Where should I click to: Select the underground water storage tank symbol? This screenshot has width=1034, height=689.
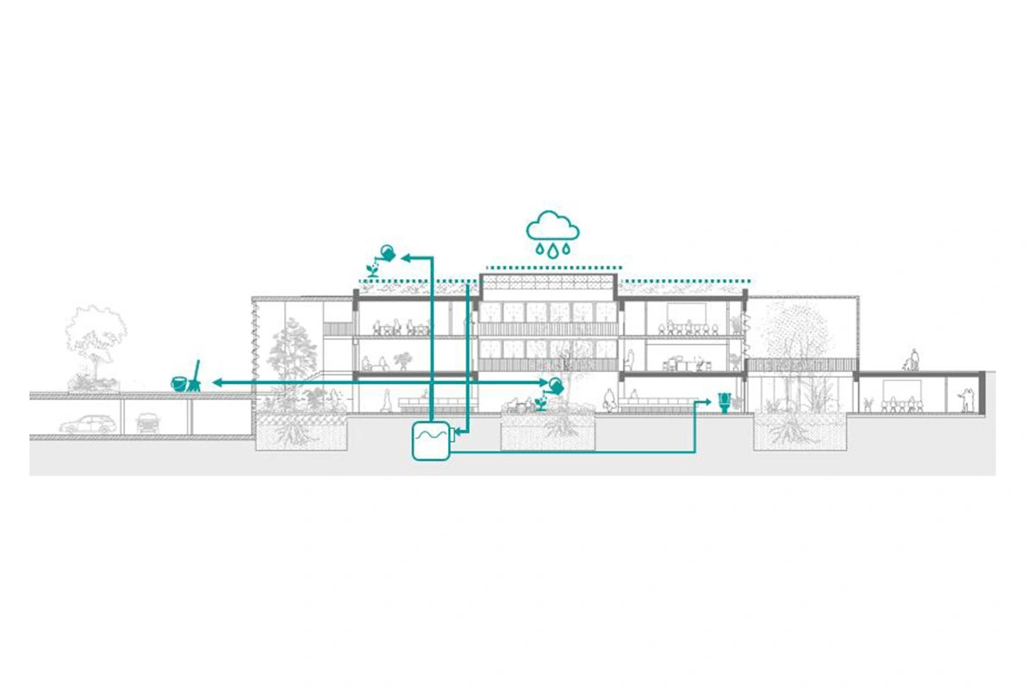tap(431, 440)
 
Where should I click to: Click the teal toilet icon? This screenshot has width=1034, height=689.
tap(725, 401)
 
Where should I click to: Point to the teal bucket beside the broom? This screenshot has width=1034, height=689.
tap(180, 384)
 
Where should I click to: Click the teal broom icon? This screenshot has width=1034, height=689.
tap(196, 376)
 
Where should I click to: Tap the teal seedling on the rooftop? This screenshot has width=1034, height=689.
tap(372, 270)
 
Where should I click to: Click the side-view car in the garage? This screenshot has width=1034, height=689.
tap(85, 424)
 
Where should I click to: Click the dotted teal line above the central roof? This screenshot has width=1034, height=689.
tap(552, 268)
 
